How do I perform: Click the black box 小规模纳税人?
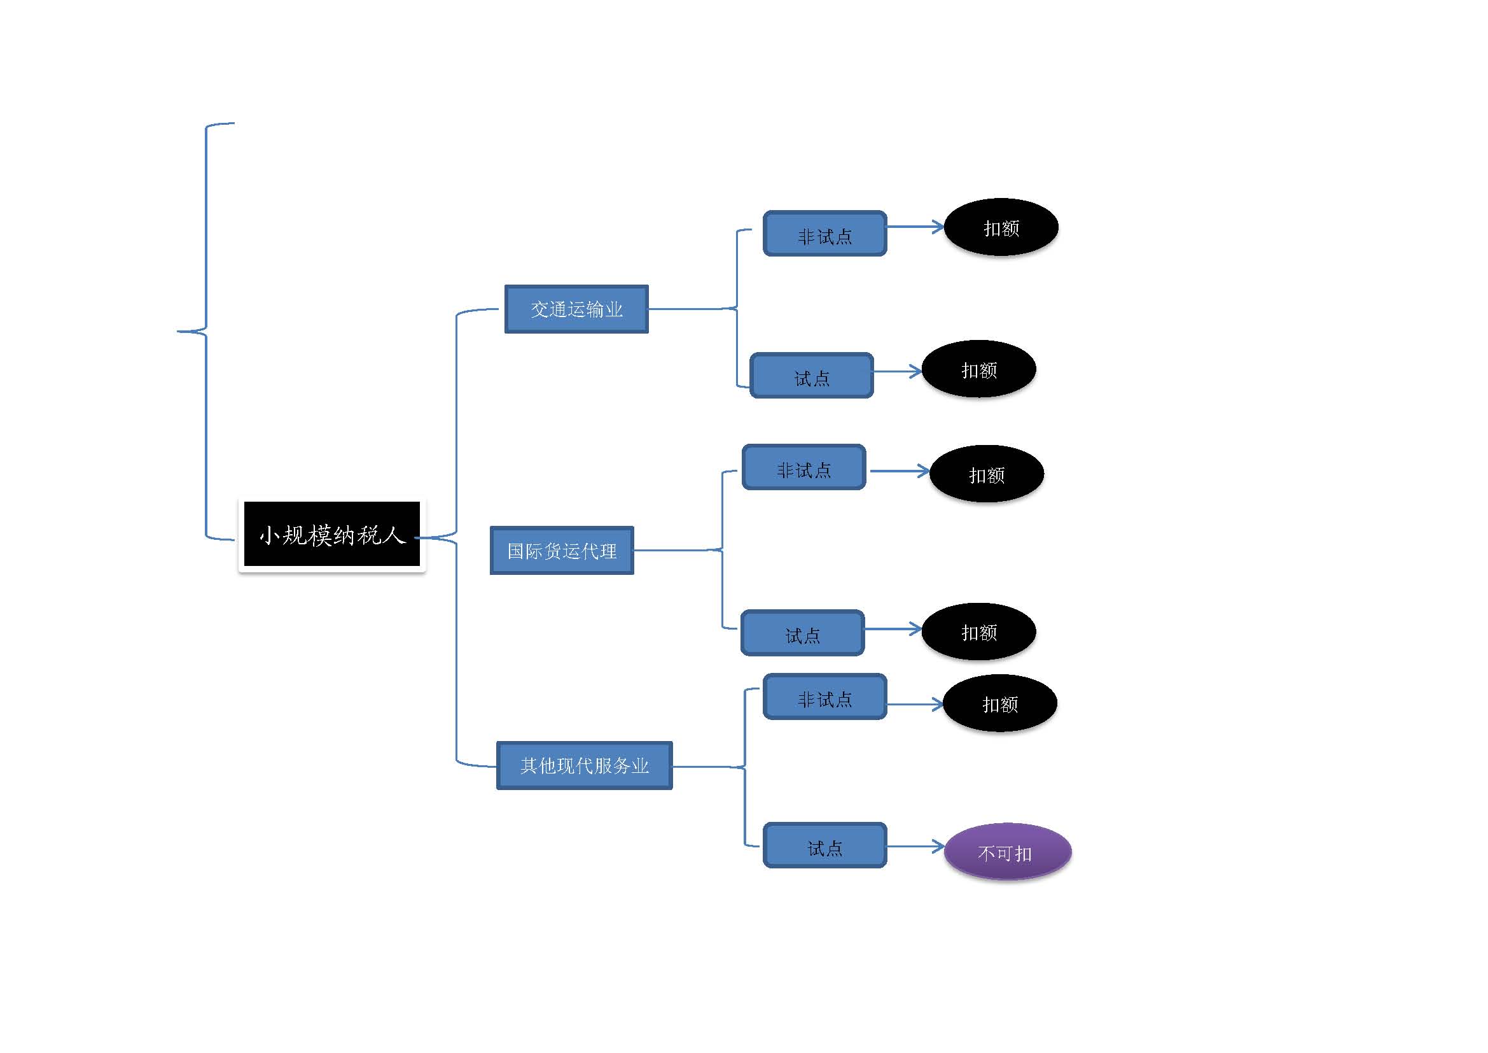(331, 534)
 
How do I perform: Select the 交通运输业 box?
(576, 309)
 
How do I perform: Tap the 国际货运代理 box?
(561, 551)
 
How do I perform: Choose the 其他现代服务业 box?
(584, 766)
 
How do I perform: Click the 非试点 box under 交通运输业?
(824, 234)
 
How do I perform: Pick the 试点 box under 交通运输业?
(811, 376)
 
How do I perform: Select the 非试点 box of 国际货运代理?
(803, 467)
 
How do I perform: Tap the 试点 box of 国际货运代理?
(802, 633)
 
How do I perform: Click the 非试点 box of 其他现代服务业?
(824, 697)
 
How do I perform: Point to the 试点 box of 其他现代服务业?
(824, 845)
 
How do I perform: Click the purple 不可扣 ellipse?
(1007, 852)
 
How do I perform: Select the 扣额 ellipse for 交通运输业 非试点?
(1001, 227)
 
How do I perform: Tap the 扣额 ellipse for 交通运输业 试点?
(978, 370)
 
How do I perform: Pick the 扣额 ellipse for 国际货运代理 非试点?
(987, 474)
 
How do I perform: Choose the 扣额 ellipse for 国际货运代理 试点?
(978, 632)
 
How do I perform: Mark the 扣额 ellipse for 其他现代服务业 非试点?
(999, 703)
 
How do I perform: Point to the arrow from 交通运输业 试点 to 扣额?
(897, 372)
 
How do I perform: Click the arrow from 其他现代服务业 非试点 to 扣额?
(914, 704)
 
